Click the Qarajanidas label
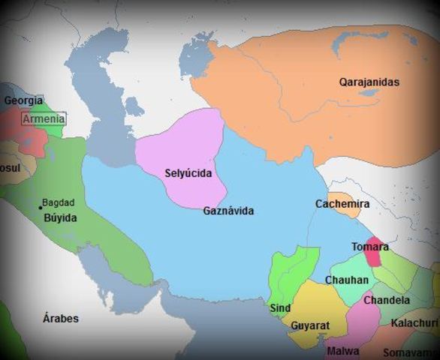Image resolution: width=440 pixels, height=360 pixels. tap(369, 82)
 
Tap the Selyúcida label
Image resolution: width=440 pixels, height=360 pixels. tap(188, 173)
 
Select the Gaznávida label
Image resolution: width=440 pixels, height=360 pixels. tap(228, 211)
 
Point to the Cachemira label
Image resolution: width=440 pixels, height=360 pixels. tap(342, 203)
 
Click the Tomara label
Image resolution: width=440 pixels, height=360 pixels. tap(369, 246)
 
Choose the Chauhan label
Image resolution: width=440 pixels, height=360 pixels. tap(347, 280)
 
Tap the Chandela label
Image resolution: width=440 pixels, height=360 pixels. tap(387, 300)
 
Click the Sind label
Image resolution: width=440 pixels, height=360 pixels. tap(279, 307)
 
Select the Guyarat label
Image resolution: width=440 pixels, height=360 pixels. tap(309, 326)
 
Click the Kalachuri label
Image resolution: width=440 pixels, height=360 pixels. tap(414, 322)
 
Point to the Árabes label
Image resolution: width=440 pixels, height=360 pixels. tap(61, 318)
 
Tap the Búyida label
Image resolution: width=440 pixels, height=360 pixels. tap(60, 217)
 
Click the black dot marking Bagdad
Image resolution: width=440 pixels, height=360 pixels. tap(40, 207)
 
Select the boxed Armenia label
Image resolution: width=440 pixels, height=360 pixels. tap(44, 118)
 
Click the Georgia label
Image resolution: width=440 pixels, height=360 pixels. tap(23, 100)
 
